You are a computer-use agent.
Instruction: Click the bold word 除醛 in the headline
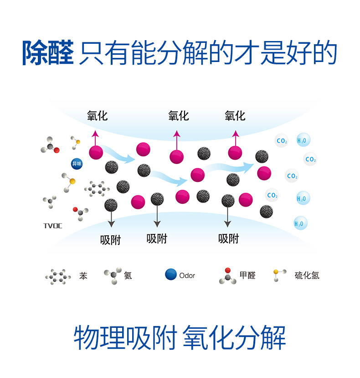coord(47,54)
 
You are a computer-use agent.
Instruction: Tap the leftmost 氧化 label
coord(97,116)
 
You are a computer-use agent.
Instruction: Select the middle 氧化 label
coord(178,116)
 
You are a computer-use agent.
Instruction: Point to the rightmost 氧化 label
coord(235,116)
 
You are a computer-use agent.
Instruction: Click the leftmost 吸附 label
coord(110,240)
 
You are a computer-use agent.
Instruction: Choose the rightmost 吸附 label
coord(228,238)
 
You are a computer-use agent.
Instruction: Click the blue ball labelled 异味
coord(77,164)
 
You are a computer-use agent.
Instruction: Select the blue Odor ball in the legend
coord(171,274)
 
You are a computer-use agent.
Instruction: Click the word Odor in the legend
coord(187,275)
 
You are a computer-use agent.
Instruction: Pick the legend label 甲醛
coord(247,275)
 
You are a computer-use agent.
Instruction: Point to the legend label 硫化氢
coord(307,275)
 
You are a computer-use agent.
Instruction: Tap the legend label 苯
coord(83,276)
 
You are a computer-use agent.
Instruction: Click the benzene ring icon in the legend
coord(58,276)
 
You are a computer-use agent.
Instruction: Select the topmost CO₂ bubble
coord(282,141)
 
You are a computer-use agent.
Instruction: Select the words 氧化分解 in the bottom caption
coord(234,338)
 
